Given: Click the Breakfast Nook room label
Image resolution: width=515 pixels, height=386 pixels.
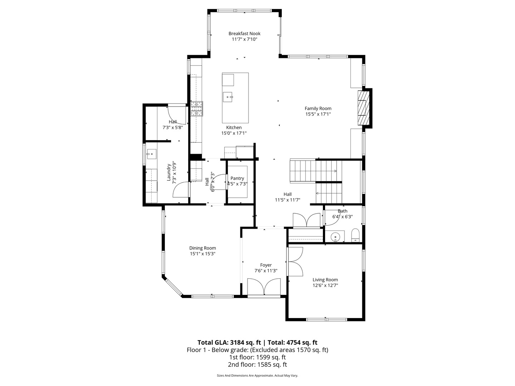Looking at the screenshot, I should [x=244, y=34].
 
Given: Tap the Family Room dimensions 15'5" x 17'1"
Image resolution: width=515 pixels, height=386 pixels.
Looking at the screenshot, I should [x=318, y=114].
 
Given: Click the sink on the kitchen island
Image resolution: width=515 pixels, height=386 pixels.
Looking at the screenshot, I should [x=228, y=96].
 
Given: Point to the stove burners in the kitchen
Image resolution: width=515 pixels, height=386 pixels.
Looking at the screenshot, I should [x=196, y=109].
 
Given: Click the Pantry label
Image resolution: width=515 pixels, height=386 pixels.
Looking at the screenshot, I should [x=237, y=178].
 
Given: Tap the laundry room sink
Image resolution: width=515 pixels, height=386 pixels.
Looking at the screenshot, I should [x=151, y=155].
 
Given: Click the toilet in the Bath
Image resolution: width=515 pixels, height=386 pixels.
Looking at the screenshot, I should [x=355, y=235].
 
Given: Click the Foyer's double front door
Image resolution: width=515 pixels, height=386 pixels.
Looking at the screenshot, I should [x=264, y=288].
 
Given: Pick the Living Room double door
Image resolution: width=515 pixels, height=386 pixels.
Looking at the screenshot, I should [x=295, y=261].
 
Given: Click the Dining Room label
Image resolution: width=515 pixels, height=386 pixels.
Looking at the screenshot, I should [x=202, y=248].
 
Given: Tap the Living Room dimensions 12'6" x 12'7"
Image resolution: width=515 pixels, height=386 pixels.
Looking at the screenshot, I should [x=325, y=285].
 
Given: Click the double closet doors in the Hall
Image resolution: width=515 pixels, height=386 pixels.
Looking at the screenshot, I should [x=306, y=220].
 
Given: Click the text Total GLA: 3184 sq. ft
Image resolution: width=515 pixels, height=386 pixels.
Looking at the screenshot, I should [x=229, y=342].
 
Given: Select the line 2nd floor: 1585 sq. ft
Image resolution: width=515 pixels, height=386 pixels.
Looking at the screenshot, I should [x=257, y=365].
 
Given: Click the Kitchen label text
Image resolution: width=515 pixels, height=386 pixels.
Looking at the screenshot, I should [x=234, y=128].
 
